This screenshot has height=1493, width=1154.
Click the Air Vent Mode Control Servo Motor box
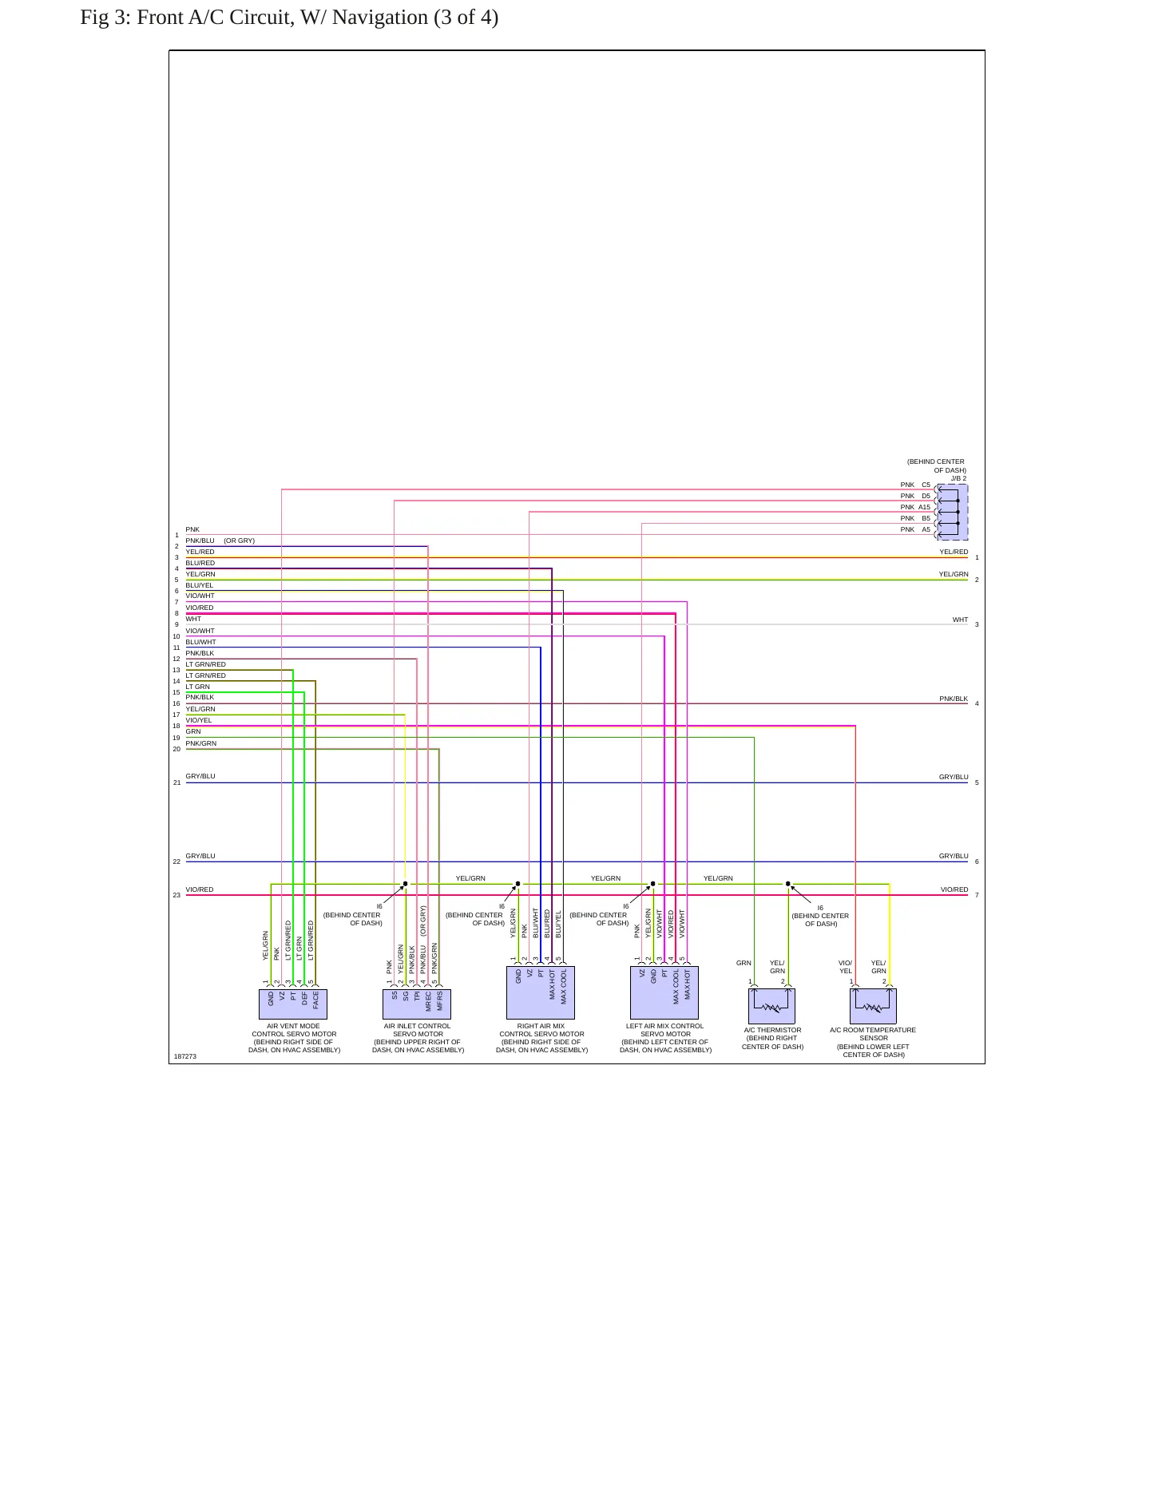click(293, 1004)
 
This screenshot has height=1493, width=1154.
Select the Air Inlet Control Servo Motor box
click(417, 1004)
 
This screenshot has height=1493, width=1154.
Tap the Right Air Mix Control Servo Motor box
click(541, 992)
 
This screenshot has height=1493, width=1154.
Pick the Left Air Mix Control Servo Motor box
click(664, 992)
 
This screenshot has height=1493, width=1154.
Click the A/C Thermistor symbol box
click(771, 1006)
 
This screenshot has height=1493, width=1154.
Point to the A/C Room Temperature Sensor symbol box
click(873, 1006)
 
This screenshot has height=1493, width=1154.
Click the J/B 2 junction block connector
click(952, 512)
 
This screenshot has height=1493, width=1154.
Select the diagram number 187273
click(184, 1056)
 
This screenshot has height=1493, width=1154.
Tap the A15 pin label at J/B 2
click(924, 507)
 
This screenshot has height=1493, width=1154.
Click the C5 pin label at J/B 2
click(926, 485)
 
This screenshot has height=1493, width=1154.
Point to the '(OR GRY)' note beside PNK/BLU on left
click(239, 541)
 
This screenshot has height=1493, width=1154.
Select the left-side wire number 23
click(176, 895)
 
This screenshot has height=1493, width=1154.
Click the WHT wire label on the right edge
click(960, 620)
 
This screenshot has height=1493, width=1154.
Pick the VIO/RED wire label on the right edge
click(954, 889)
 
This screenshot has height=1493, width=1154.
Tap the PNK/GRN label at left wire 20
click(201, 743)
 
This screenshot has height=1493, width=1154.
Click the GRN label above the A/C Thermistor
click(744, 963)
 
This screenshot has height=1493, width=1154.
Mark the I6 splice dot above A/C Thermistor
click(788, 884)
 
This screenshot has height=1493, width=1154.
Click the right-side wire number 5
click(977, 782)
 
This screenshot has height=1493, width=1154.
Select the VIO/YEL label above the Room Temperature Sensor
click(846, 967)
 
